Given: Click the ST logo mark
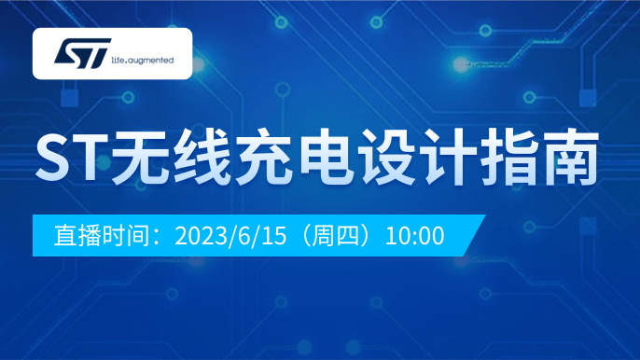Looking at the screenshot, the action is point(82,53).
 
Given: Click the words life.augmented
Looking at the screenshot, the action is point(143,61).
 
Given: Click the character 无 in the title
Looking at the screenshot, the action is point(141,157).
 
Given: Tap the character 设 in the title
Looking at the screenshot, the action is point(387,157).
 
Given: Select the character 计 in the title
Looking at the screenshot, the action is point(448,157).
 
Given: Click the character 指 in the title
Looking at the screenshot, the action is point(509,157).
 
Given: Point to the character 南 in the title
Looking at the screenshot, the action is point(570,157).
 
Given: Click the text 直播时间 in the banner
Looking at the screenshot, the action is point(102,236).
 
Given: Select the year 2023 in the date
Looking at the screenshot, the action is point(201,236).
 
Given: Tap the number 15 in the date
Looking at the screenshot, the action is point(273,236).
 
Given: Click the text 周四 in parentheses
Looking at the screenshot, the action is point(335,236).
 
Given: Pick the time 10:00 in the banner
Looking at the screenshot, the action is point(414,236).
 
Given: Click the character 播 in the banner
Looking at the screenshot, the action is point(90,236).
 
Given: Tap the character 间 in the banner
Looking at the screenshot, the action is point(138,236).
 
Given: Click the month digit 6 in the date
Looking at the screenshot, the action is point(243,236).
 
